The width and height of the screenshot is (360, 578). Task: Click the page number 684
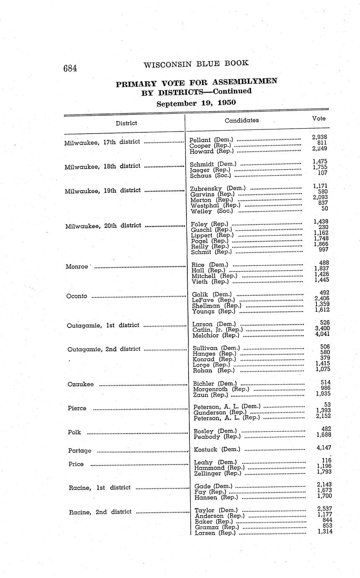point(70,68)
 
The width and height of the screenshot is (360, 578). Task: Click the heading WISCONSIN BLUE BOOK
point(196,64)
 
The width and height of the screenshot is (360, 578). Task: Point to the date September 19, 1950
point(196,103)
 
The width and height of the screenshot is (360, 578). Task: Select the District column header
point(126,123)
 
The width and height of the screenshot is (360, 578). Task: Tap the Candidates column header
point(241,120)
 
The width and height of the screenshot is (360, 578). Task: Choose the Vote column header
point(319,119)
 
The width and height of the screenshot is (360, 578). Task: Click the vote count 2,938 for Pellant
point(319,137)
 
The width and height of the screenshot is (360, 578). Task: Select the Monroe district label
point(77,266)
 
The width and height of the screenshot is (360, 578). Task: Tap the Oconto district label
point(77,296)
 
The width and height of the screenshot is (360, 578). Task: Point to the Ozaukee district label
point(80,384)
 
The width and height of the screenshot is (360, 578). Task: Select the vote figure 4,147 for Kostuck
point(323,448)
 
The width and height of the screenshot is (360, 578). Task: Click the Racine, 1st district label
point(100,488)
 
